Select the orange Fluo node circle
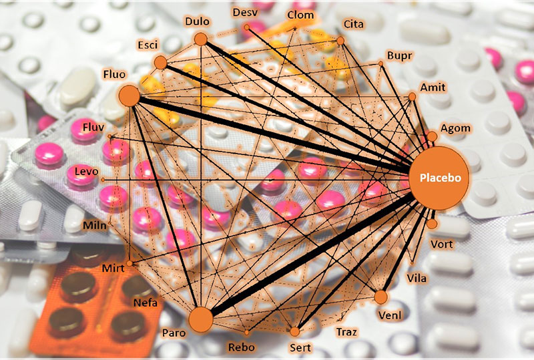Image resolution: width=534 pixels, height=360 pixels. [x=129, y=96]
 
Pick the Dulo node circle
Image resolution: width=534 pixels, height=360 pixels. [x=200, y=39]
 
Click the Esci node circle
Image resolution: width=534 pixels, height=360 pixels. [x=160, y=63]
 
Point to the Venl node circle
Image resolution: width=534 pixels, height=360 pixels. [x=381, y=297]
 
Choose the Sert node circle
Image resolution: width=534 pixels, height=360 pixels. [x=294, y=331]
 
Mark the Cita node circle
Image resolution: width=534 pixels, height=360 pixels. [x=340, y=41]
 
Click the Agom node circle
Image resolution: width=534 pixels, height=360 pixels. [x=432, y=136]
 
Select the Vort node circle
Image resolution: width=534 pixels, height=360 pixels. [x=431, y=224]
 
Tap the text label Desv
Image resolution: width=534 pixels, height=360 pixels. [x=244, y=13]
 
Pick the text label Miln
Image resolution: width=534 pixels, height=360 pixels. [x=94, y=225]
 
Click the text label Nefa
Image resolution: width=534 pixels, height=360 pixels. [x=146, y=303]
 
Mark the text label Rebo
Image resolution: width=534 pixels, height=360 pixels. [x=241, y=347]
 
